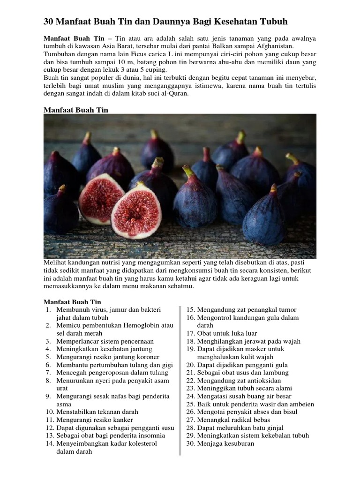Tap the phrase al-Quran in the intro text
[174, 93]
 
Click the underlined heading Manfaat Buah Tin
[76, 110]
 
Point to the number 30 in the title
[49, 22]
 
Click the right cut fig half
[136, 210]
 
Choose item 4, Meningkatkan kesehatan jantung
[104, 349]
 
